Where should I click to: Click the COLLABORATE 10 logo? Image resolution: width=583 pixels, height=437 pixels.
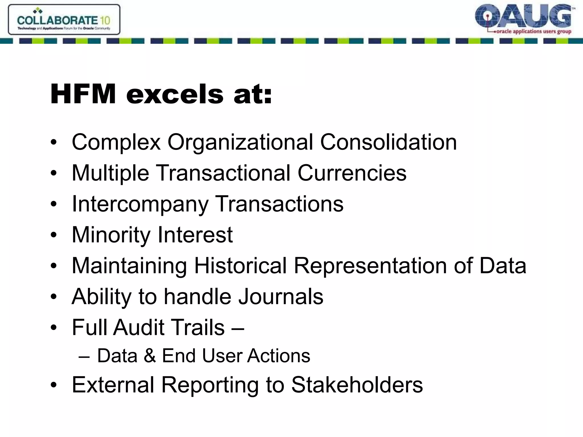64,20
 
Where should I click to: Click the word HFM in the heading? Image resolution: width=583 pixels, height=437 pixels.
83,94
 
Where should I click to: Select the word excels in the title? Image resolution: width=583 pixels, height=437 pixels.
175,94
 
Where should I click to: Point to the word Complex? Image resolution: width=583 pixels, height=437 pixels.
116,142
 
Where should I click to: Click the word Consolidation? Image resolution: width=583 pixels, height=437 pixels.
388,142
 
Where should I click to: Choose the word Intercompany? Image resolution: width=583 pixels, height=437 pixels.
140,204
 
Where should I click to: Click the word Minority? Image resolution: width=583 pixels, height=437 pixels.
111,235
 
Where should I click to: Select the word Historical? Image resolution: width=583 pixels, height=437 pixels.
241,265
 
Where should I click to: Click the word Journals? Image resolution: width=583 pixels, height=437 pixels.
280,296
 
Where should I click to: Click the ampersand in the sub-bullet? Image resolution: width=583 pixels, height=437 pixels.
150,356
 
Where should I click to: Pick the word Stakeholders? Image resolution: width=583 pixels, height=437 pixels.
357,385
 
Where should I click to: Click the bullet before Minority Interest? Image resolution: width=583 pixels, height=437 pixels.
54,235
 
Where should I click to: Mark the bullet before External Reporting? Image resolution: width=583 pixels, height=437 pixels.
54,385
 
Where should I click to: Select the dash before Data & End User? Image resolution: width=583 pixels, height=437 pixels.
84,356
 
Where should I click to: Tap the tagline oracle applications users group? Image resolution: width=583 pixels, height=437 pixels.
533,32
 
